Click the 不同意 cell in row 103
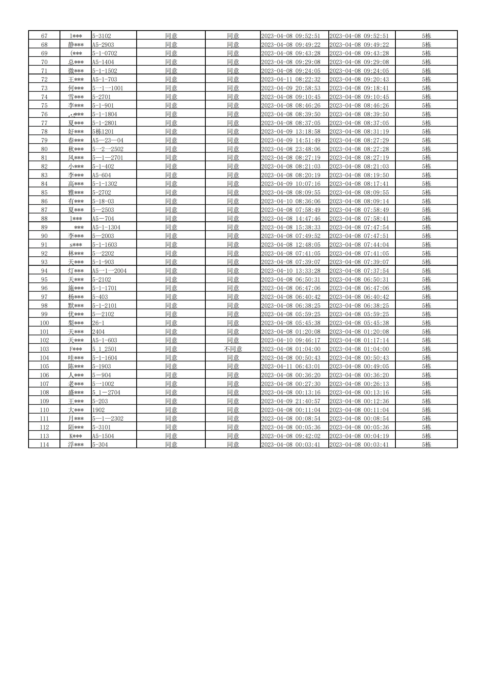[x=233, y=349]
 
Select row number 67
[x=44, y=36]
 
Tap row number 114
[x=44, y=445]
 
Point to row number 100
[x=44, y=323]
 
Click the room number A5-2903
[x=103, y=45]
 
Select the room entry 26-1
[x=98, y=323]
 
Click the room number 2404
[x=98, y=332]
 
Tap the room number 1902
[x=98, y=410]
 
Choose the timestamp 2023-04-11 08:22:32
[x=291, y=79]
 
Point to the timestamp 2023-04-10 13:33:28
[x=291, y=271]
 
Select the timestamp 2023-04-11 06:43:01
[x=291, y=366]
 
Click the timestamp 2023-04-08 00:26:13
[x=359, y=384]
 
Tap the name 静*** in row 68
[x=76, y=45]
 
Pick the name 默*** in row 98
[x=76, y=306]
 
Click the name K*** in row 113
[x=76, y=436]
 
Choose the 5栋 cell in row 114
[x=426, y=445]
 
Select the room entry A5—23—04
[x=108, y=140]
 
